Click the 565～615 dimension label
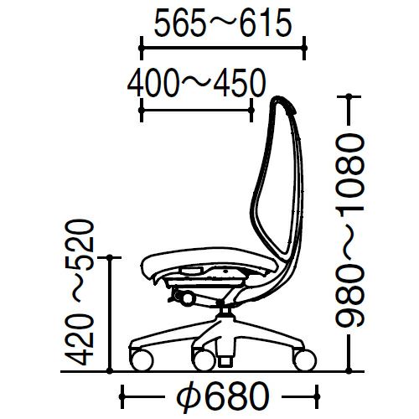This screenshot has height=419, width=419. tap(223, 23)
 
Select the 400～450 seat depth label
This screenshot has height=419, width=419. tap(196, 83)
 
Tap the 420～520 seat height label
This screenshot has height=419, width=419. tap(79, 292)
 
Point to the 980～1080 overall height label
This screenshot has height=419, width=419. tap(349, 230)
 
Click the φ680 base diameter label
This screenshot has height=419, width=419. tap(223, 396)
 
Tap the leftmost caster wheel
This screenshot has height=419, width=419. tap(142, 360)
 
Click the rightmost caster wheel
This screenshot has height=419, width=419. tap(305, 360)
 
